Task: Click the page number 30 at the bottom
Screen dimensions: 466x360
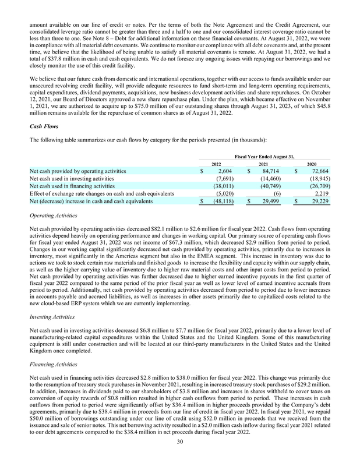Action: click(180, 457)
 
